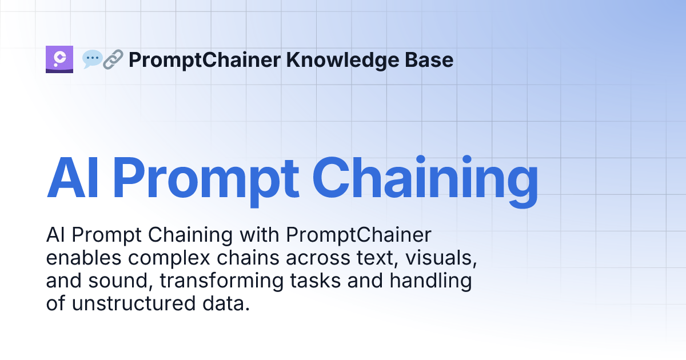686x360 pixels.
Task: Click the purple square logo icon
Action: pyautogui.click(x=59, y=59)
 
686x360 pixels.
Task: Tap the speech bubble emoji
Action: pyautogui.click(x=91, y=59)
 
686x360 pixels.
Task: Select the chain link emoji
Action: pyautogui.click(x=113, y=59)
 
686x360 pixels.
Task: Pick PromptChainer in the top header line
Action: pyautogui.click(x=205, y=59)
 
